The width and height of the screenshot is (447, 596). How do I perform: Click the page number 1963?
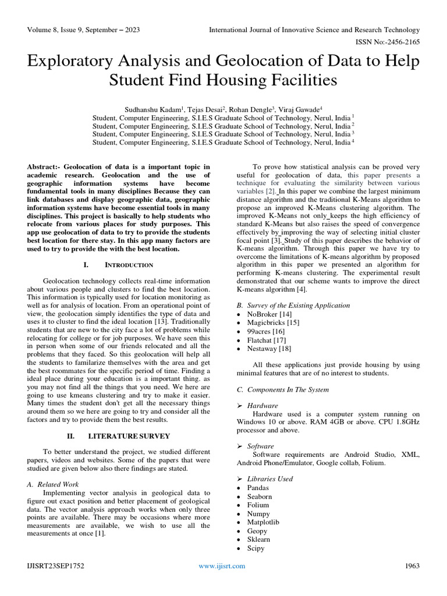point(411,566)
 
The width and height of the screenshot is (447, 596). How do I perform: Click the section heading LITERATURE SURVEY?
point(129,435)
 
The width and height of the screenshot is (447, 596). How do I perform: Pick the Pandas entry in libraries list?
point(258,488)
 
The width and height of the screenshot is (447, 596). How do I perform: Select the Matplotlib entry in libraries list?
point(263,522)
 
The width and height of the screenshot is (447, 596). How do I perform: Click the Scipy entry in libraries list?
point(256,548)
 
